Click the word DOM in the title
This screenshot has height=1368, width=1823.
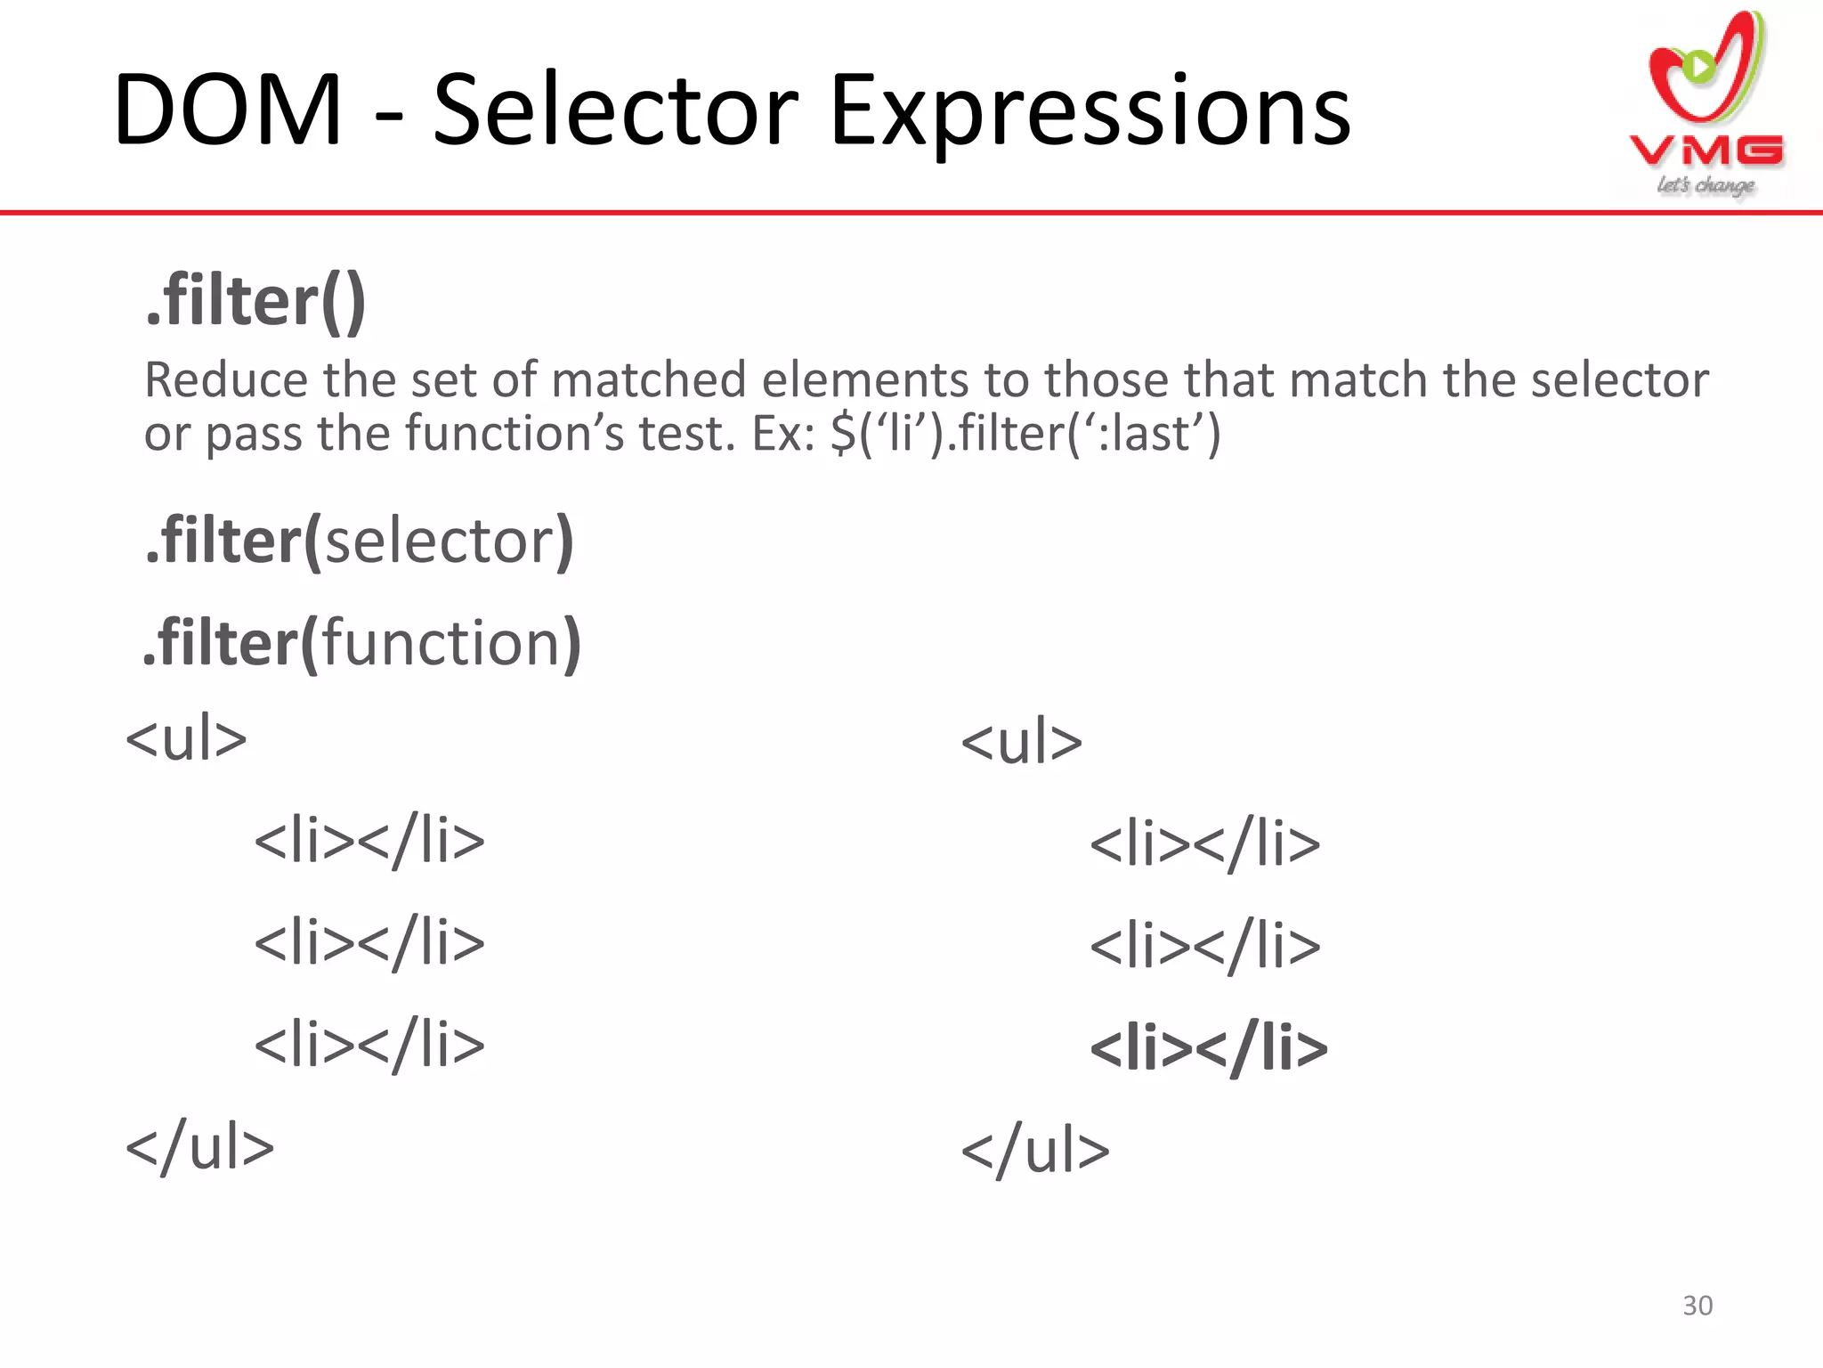[228, 110]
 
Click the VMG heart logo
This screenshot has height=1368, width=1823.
[1705, 71]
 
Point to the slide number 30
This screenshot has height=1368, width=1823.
[1697, 1306]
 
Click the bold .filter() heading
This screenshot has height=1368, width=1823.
[256, 301]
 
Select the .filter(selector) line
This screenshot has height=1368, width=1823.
[360, 541]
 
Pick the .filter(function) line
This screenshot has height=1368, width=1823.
[361, 642]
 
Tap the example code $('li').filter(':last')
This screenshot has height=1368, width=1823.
[1025, 434]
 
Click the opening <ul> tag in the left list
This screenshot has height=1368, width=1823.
[186, 739]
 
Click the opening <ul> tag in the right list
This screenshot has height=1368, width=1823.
[1021, 742]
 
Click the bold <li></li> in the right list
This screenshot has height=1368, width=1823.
[1208, 1047]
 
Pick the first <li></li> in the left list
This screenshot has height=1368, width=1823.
[369, 841]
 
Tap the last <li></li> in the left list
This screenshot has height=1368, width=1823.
[369, 1045]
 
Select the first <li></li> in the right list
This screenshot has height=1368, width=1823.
[1205, 843]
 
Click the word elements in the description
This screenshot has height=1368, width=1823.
[863, 380]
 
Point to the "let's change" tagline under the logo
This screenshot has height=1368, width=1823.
[1705, 185]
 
